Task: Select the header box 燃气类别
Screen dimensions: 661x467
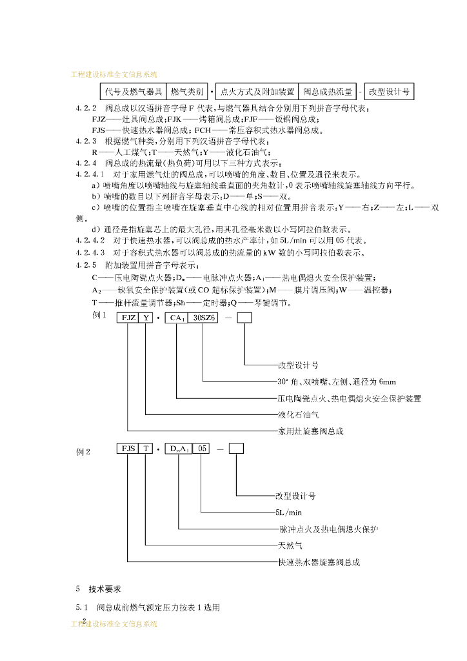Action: (x=187, y=92)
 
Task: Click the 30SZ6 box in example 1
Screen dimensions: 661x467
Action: (x=203, y=318)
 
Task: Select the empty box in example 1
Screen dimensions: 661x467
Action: (x=244, y=318)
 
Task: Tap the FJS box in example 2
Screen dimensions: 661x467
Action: (x=128, y=449)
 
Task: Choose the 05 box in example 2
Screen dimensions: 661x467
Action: (x=201, y=449)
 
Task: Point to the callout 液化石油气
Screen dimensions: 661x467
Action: (x=298, y=414)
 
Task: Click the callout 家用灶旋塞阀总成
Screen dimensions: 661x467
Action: (x=310, y=431)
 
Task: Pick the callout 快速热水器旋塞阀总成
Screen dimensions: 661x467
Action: (x=319, y=562)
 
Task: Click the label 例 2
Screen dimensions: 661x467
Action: (x=84, y=452)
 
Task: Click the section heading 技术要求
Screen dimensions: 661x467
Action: (x=104, y=589)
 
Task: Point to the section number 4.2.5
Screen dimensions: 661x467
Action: (x=86, y=265)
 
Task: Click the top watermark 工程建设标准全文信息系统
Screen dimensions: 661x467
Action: (x=114, y=75)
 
